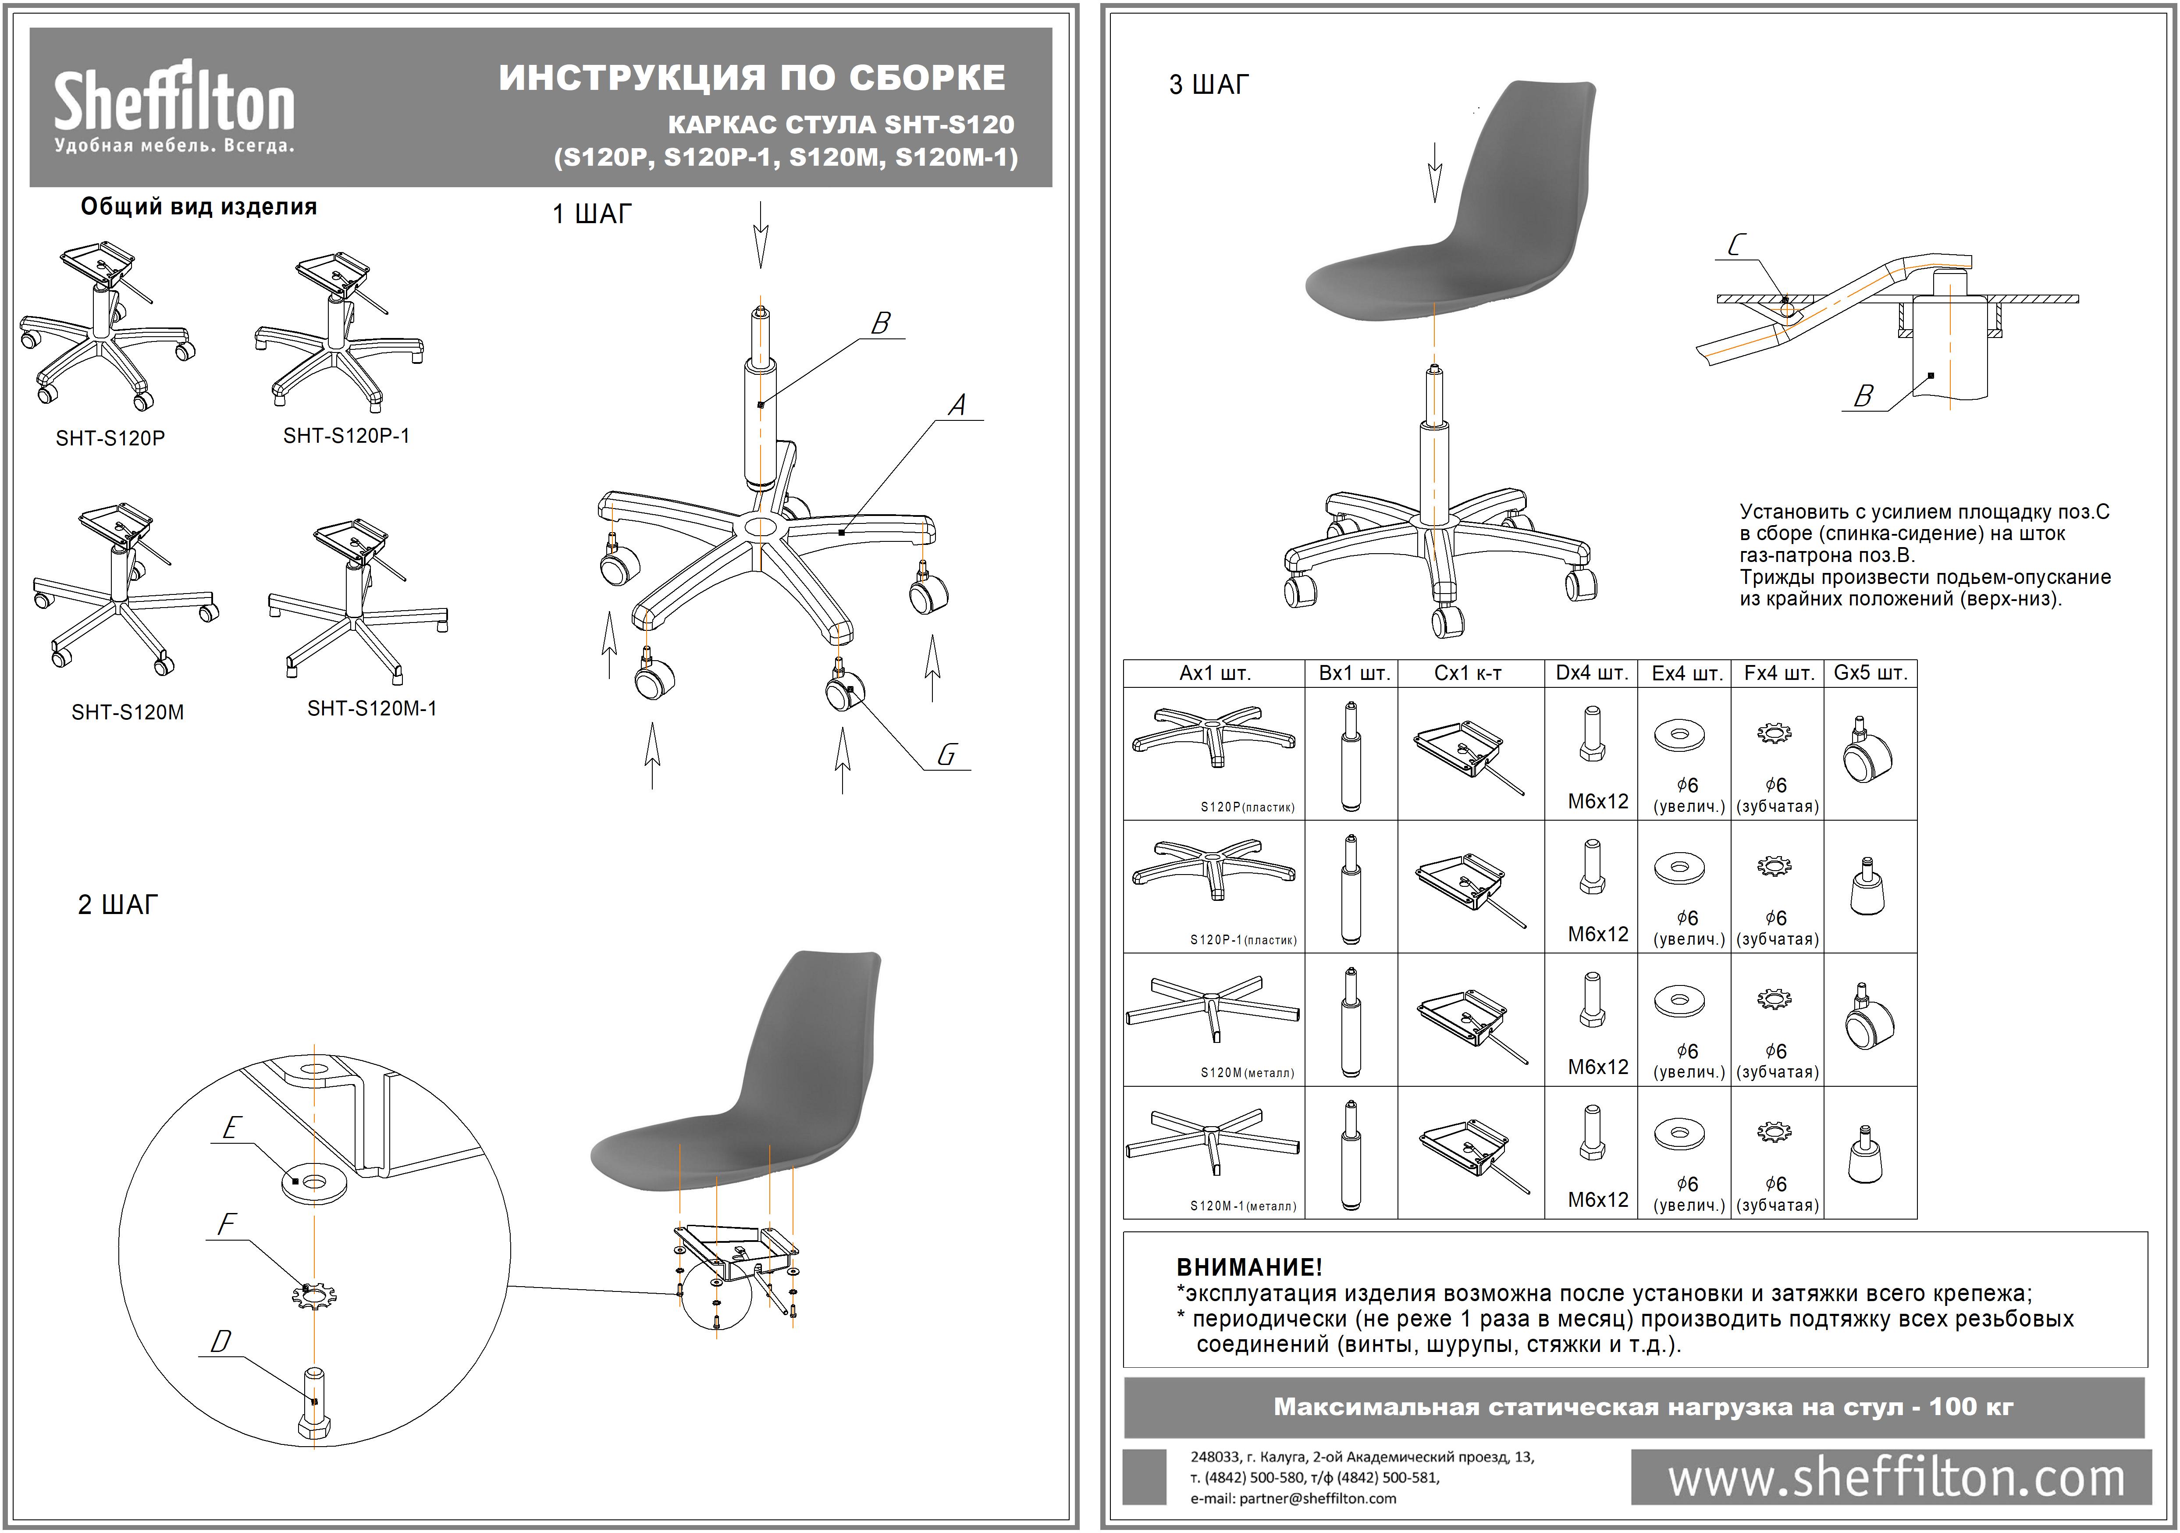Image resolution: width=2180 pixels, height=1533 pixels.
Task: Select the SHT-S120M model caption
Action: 127,712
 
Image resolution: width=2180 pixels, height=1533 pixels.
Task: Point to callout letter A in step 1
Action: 957,405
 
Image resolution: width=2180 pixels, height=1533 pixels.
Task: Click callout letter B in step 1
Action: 880,324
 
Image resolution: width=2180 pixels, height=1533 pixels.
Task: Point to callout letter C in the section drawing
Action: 1735,245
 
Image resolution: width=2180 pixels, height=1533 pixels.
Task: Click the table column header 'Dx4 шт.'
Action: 1591,673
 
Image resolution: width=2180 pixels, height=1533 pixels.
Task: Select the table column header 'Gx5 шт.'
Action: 1870,673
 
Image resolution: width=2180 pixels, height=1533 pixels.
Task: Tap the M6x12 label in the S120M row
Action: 1598,1067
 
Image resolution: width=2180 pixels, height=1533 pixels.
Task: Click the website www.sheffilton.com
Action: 1896,1478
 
